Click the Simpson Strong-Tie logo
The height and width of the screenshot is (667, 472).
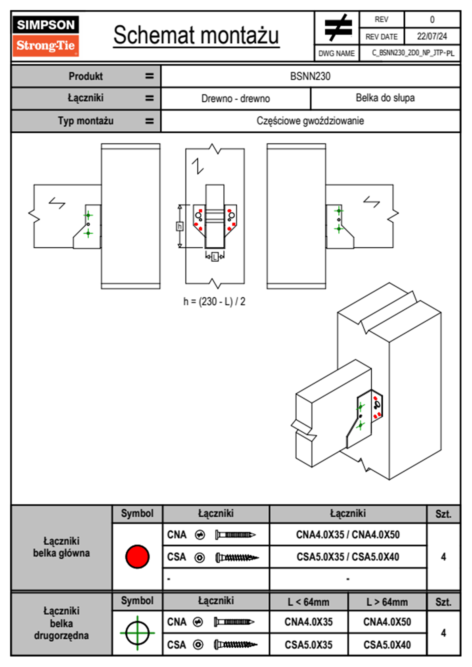46,36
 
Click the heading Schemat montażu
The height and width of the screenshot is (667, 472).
196,35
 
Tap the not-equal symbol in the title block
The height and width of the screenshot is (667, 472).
338,28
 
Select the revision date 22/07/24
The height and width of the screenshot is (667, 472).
432,36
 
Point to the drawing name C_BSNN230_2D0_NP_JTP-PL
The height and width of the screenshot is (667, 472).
413,53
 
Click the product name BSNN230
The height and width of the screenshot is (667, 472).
310,76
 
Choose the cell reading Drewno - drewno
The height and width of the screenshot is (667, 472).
236,98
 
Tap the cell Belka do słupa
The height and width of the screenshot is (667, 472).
385,98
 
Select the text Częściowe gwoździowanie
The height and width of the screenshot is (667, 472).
310,121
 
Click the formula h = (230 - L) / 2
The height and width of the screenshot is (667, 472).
214,302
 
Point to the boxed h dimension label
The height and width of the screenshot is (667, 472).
180,226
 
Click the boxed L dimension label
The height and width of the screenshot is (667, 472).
215,257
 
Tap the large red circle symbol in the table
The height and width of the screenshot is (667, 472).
137,557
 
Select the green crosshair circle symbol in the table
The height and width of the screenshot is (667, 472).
137,633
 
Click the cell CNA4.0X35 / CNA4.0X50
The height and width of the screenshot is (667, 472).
348,535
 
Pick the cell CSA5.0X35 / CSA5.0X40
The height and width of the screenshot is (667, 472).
348,557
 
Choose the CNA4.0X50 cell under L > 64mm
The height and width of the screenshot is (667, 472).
387,622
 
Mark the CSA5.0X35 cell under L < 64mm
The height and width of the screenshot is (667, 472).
309,645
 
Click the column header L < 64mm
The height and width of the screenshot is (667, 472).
309,602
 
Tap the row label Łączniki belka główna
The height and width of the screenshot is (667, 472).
61,547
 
